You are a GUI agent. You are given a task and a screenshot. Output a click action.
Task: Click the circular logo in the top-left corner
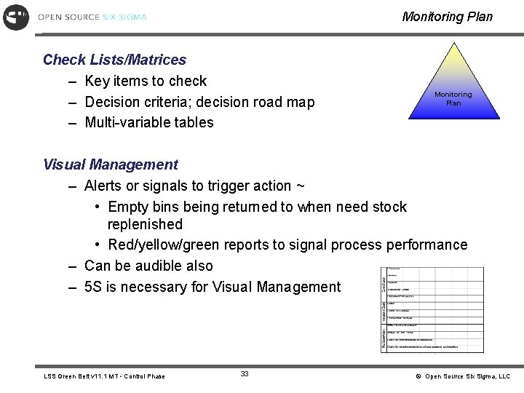16,17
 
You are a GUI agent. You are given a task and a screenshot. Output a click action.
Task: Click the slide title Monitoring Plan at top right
447,17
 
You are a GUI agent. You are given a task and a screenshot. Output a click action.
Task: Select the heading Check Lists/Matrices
114,60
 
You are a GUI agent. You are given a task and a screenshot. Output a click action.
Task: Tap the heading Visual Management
110,164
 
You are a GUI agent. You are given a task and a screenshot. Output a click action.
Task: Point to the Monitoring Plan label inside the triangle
453,98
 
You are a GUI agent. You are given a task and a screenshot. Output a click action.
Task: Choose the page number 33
245,373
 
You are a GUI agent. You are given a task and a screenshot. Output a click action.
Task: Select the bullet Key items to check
146,81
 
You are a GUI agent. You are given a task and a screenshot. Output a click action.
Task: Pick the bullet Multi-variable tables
149,122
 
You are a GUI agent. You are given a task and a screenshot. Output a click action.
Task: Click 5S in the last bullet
93,287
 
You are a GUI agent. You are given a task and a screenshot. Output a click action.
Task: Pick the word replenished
145,225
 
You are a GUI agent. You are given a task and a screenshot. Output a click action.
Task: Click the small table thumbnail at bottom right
433,309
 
